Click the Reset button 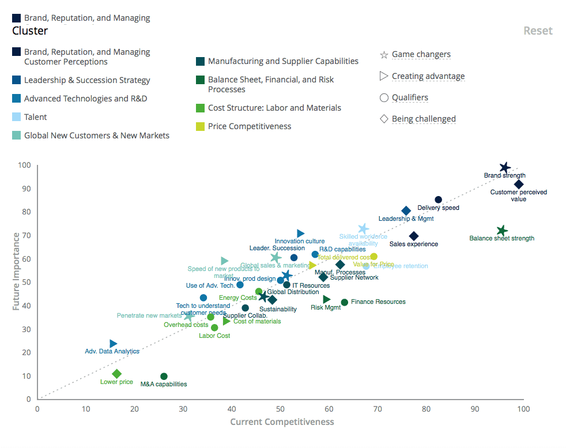coord(537,31)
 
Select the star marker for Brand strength coord(505,168)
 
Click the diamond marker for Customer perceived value coord(519,185)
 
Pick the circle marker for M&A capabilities coord(164,377)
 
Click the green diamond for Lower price coord(117,374)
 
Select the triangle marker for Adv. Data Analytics coord(113,344)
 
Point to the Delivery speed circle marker coord(438,200)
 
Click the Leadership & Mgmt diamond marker coord(406,211)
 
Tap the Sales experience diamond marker coord(414,236)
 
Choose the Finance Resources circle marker coord(345,303)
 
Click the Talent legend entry coord(35,117)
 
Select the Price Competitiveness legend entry coord(249,126)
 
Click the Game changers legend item coord(421,55)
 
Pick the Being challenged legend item coord(423,119)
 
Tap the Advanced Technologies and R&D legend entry coord(85,99)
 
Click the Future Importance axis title coord(16,271)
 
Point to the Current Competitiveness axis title coord(282,421)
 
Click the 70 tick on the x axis coord(378,409)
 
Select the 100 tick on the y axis coord(24,165)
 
